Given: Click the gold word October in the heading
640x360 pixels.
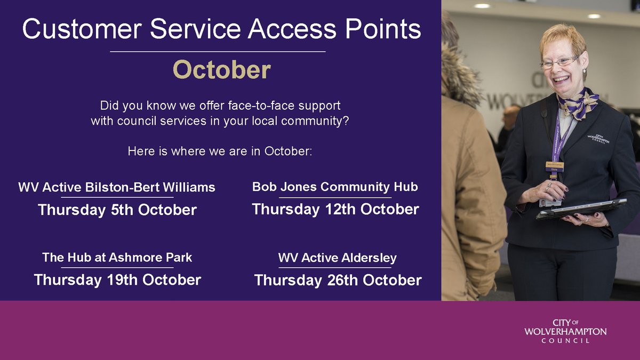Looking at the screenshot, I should click(221, 70).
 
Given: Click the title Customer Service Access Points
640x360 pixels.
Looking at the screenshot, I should click(221, 29).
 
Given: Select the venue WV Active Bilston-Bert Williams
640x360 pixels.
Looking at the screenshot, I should click(117, 187).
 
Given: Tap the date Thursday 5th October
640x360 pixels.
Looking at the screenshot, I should click(117, 210).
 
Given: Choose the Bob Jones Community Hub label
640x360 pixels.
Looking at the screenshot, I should click(335, 187).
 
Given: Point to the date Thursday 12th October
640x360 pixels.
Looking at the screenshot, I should click(335, 209).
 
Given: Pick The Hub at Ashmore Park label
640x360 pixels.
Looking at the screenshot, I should click(117, 258).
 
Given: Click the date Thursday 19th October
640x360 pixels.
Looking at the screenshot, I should click(117, 279).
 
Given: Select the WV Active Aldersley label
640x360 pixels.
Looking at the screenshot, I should click(338, 258).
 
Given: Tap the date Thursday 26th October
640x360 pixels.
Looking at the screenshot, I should click(338, 280).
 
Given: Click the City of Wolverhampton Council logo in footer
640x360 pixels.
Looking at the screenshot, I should click(565, 331).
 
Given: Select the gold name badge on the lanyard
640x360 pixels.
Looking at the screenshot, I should click(555, 166).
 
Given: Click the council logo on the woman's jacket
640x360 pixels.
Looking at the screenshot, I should click(598, 139).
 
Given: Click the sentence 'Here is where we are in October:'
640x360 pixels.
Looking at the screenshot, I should click(220, 151).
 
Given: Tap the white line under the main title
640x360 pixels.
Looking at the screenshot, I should click(218, 52).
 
